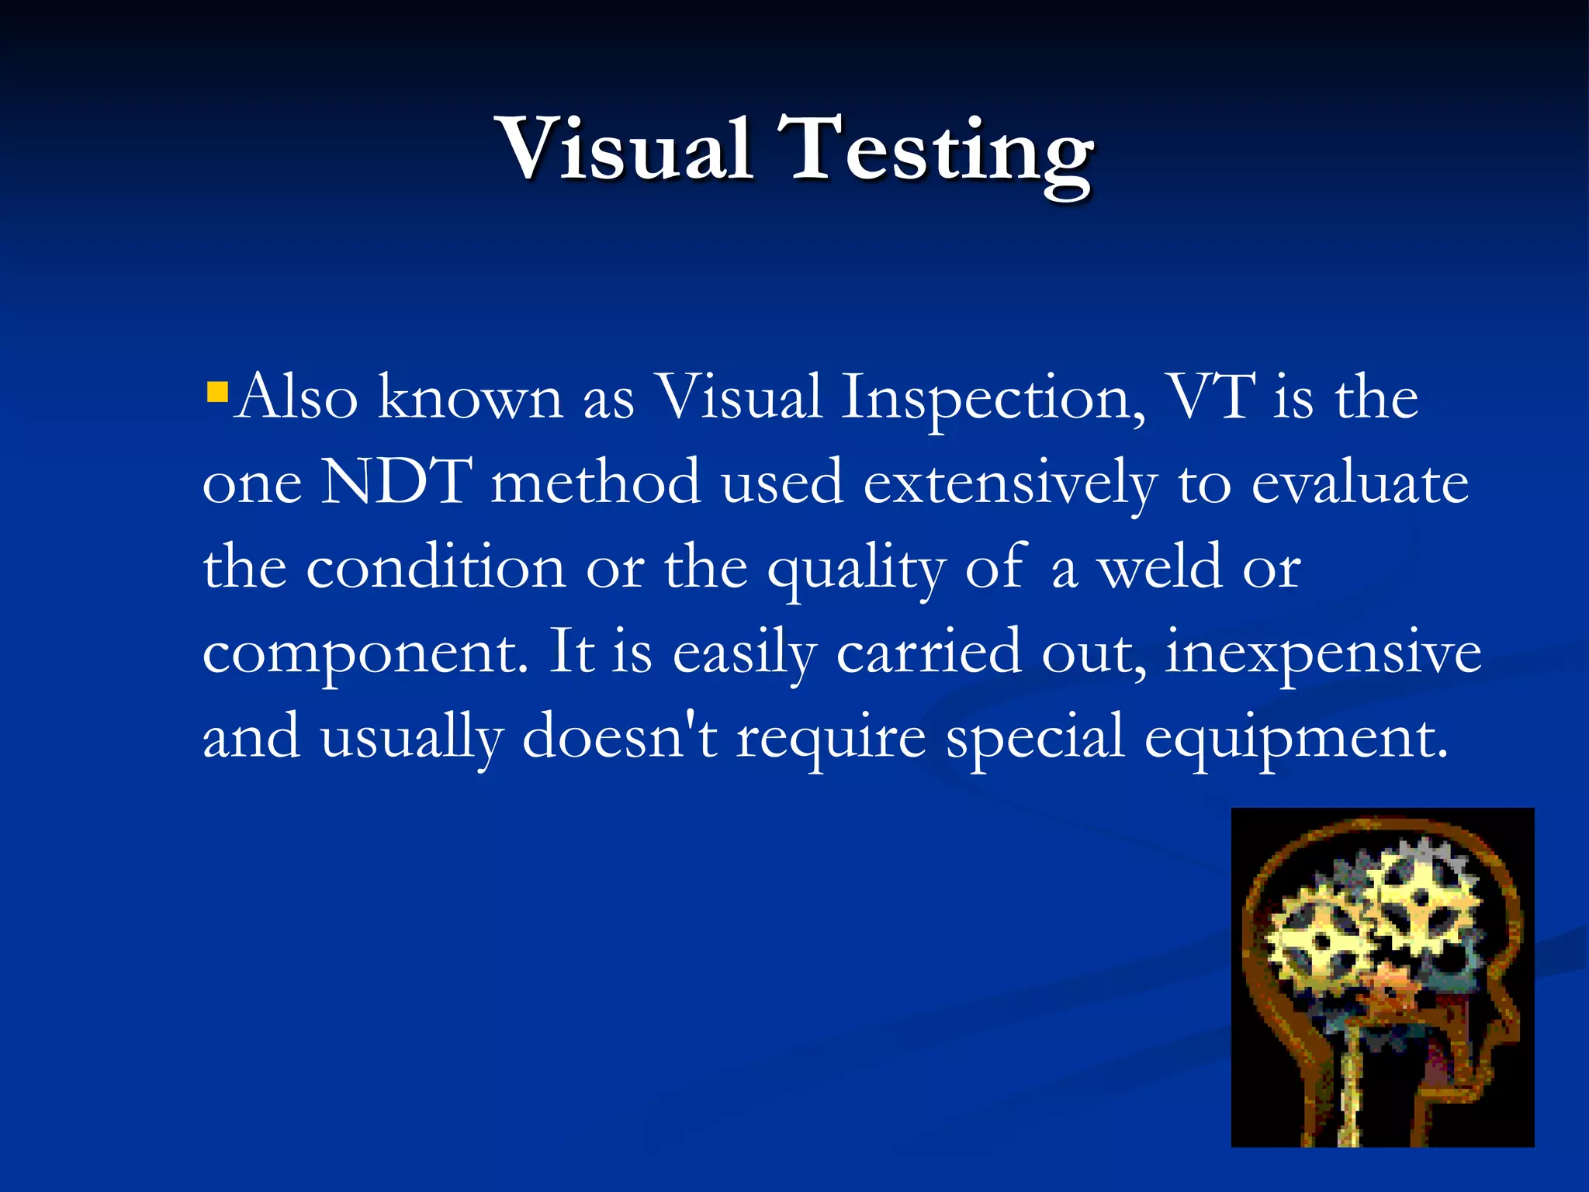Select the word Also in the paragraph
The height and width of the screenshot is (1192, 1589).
pos(296,397)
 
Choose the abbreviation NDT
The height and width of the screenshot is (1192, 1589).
pos(396,482)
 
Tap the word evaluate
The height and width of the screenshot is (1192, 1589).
pos(1360,483)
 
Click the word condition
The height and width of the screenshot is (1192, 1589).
pos(436,567)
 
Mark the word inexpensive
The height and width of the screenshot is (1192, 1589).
pos(1323,654)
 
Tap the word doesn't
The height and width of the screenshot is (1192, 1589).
pos(620,736)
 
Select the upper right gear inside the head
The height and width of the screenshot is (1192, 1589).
pos(1420,899)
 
